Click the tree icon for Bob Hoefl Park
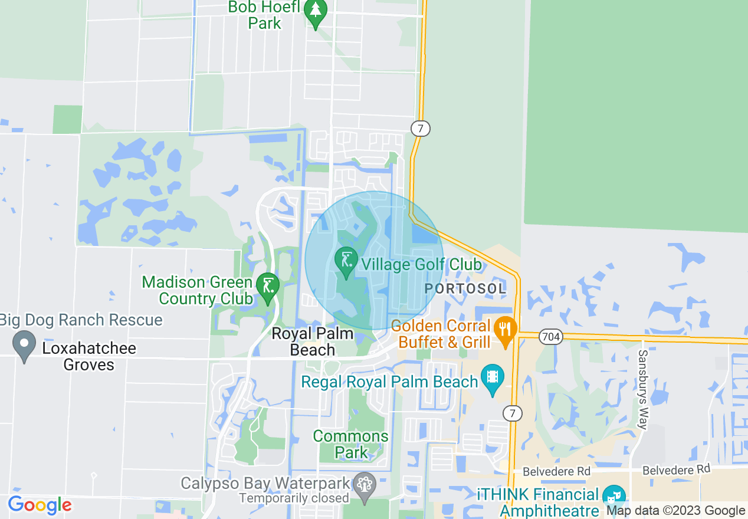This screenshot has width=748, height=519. pyautogui.click(x=316, y=13)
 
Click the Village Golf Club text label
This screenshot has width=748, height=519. pyautogui.click(x=422, y=264)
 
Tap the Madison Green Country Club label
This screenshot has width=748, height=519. pyautogui.click(x=197, y=291)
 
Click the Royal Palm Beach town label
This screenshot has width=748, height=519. pyautogui.click(x=312, y=342)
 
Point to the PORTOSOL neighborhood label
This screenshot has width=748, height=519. pyautogui.click(x=465, y=289)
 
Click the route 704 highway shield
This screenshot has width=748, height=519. pyautogui.click(x=550, y=337)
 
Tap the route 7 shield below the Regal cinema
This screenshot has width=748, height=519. pyautogui.click(x=513, y=413)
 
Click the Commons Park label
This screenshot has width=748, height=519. pyautogui.click(x=351, y=445)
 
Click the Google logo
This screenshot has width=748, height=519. pyautogui.click(x=40, y=505)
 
